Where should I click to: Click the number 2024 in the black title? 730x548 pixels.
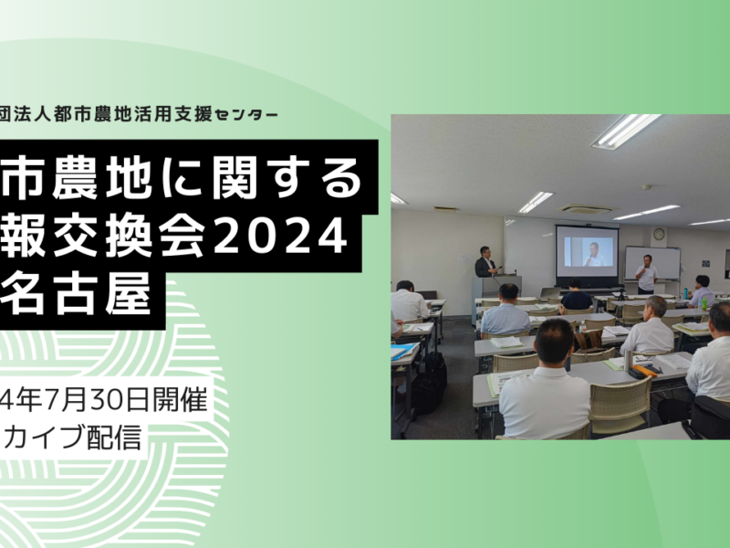point(279,237)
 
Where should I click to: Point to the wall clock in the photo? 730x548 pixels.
point(659,234)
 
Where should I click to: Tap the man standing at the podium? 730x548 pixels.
point(485,262)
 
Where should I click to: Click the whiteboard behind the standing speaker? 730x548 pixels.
point(652,262)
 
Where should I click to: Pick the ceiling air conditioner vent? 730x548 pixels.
point(586,209)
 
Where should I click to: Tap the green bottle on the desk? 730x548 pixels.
point(704,304)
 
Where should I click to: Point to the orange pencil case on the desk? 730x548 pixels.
point(645,371)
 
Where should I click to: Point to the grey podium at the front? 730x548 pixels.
point(495,300)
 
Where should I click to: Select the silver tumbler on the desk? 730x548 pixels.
point(629,360)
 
